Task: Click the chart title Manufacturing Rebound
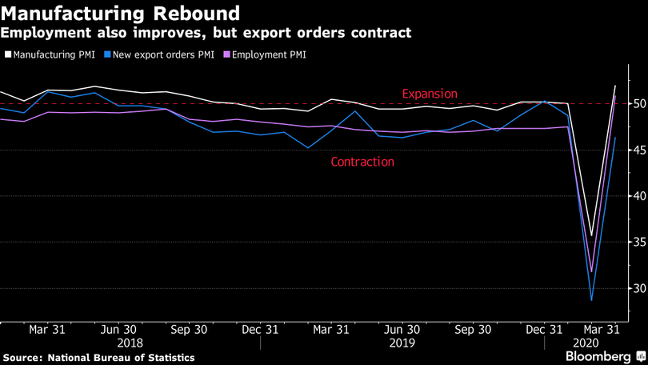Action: coord(120,14)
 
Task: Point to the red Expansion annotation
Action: coord(430,94)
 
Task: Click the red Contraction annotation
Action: coord(362,162)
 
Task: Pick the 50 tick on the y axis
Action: coord(631,104)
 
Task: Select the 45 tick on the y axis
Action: coord(631,150)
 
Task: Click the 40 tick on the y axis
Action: coord(631,196)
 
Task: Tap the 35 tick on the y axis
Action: coord(631,243)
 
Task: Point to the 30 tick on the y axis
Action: coord(631,288)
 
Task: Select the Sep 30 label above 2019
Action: coord(473,329)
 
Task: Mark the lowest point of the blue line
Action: coord(592,300)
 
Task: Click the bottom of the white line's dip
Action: coord(591,236)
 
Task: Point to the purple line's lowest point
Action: coord(591,271)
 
